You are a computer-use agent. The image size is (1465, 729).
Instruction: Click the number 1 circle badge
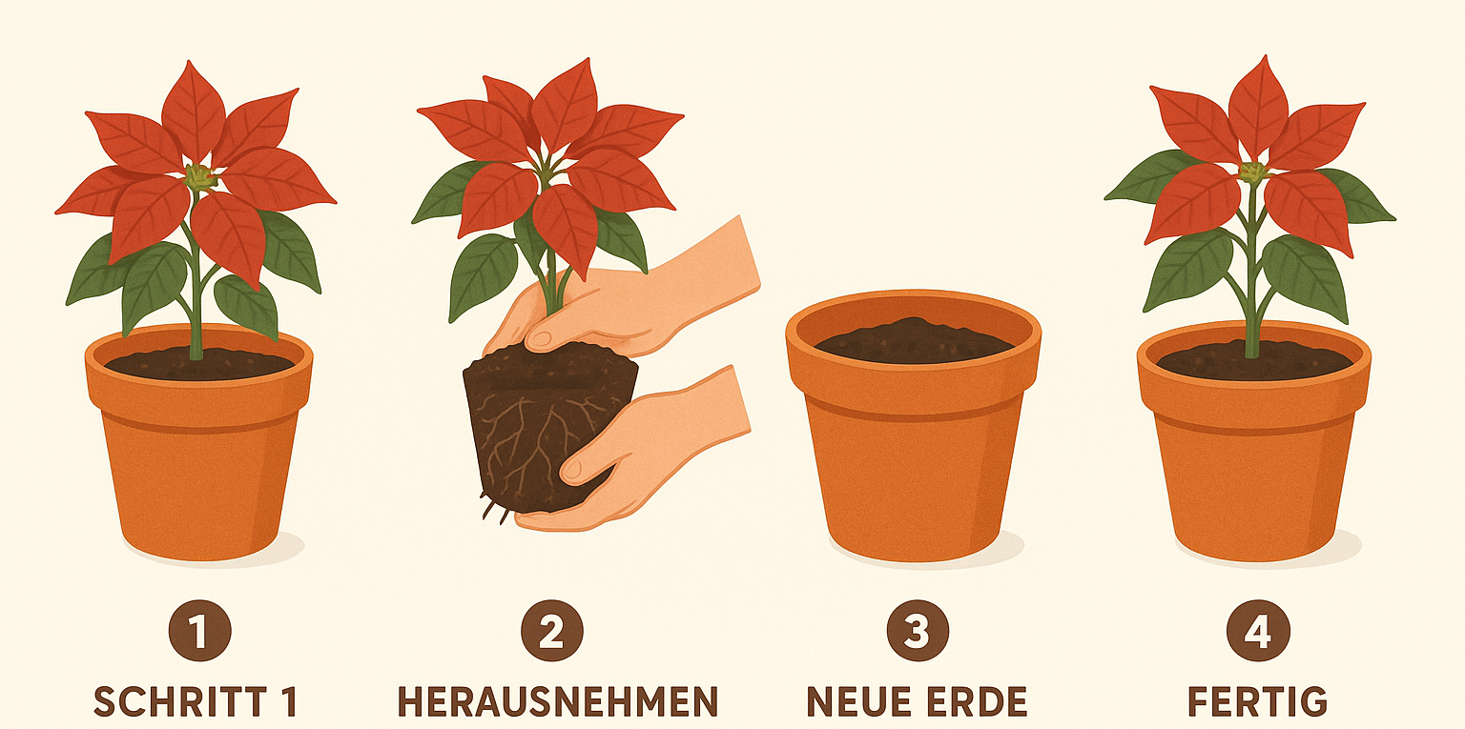199,630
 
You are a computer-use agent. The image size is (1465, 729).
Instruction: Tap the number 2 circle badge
552,630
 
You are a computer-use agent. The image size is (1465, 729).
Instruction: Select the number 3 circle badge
918,630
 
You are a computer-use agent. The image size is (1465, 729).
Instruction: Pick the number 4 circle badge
1258,630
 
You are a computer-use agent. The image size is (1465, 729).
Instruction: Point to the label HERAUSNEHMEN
558,702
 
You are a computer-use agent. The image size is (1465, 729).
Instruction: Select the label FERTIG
1257,702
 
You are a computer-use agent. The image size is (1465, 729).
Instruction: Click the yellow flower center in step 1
199,176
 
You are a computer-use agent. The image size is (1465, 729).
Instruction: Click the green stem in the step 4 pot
1251,274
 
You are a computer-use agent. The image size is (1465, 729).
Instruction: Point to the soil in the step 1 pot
199,364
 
